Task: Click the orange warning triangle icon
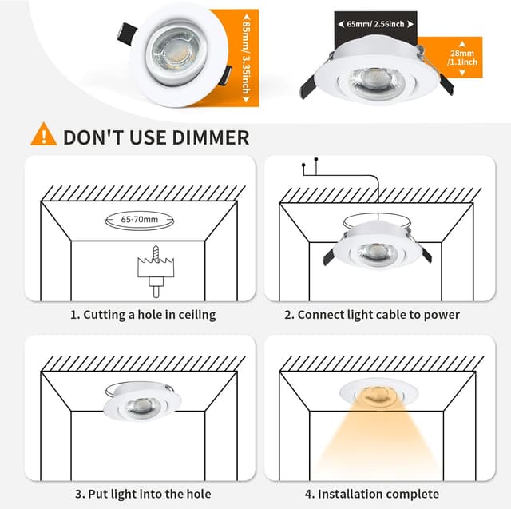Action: click(43, 135)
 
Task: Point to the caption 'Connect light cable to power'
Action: click(372, 315)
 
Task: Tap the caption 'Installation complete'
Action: click(372, 494)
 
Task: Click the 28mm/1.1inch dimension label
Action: click(463, 58)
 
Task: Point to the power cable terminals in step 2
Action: click(310, 165)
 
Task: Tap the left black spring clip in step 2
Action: click(325, 258)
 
